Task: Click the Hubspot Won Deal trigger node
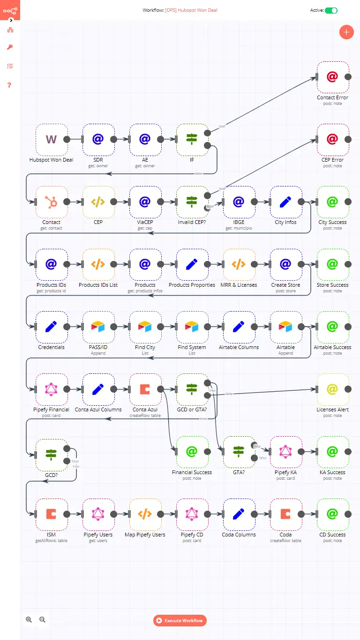[x=51, y=139]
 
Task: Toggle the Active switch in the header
[x=331, y=10]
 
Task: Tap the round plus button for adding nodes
[x=346, y=32]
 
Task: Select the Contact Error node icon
[x=332, y=77]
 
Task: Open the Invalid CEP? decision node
[x=192, y=202]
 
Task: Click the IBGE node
[x=239, y=202]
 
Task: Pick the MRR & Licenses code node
[x=239, y=264]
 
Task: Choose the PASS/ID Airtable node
[x=98, y=327]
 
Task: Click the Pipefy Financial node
[x=51, y=389]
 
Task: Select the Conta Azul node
[x=145, y=389]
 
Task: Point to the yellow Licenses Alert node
[x=332, y=389]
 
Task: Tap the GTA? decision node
[x=239, y=452]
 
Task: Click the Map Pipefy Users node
[x=145, y=514]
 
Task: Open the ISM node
[x=51, y=514]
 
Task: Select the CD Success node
[x=332, y=514]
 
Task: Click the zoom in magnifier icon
[x=29, y=619]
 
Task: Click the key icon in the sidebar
[x=10, y=47]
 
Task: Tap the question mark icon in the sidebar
[x=9, y=85]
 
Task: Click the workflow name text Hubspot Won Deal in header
[x=191, y=10]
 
